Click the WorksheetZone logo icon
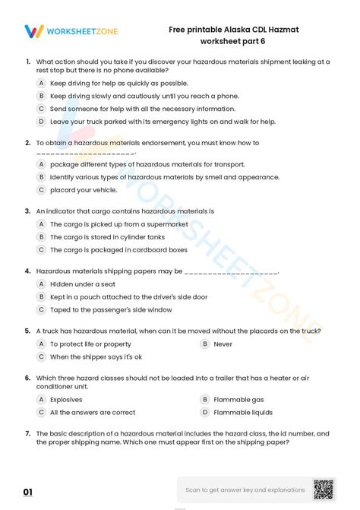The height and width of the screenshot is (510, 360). (33, 31)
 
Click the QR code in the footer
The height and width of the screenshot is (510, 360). (324, 489)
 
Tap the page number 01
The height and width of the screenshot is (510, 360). (28, 493)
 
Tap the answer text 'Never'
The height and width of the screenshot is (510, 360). (223, 344)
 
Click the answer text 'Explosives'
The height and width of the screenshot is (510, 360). (66, 399)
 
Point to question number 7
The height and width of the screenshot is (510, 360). (27, 433)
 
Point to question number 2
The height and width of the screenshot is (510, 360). (27, 142)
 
